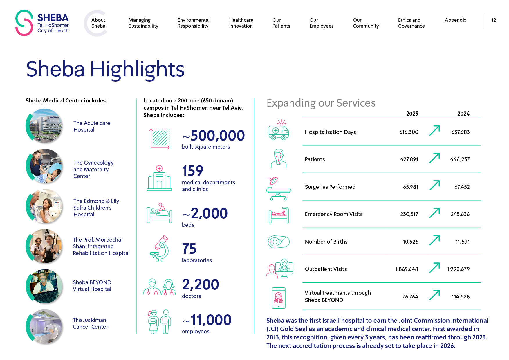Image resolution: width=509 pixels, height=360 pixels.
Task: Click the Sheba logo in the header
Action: [x=42, y=23]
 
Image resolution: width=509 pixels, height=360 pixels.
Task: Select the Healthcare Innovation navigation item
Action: [x=241, y=23]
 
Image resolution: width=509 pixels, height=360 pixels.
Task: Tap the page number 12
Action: [x=494, y=20]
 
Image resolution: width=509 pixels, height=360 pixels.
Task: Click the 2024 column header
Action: [x=463, y=114]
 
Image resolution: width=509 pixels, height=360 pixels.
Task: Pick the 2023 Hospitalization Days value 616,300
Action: [x=409, y=132]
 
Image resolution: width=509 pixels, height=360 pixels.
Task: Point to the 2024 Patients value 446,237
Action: [x=460, y=159]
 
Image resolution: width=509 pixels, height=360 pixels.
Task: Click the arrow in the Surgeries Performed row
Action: [x=434, y=186]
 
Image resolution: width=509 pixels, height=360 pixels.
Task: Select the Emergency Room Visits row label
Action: [x=333, y=214]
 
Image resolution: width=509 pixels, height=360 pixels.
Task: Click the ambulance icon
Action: [x=279, y=131]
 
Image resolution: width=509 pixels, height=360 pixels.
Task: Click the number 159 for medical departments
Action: [x=193, y=171]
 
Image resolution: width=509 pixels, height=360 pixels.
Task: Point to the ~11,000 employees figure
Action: [x=207, y=320]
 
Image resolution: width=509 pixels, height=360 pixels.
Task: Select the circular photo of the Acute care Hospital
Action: [x=45, y=126]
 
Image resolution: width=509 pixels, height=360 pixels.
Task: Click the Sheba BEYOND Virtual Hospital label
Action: [x=92, y=286]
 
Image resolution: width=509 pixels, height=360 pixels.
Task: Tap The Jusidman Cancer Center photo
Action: [x=45, y=327]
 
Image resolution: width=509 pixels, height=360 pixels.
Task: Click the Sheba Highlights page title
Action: [x=105, y=69]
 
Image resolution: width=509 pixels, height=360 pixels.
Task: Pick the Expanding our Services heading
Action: [x=321, y=103]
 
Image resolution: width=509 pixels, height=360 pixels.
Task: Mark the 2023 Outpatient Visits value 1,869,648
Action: [x=406, y=269]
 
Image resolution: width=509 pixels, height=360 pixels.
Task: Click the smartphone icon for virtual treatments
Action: [x=279, y=298]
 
